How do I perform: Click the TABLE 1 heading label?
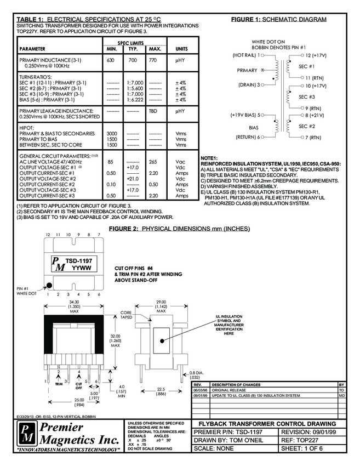pos(31,20)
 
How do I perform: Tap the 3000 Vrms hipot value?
pos(111,133)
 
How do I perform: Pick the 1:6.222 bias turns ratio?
pos(133,99)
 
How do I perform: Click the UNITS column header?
pos(181,49)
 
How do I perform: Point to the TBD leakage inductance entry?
pos(155,111)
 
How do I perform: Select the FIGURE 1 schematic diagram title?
pos(278,19)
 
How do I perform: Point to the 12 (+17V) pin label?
pos(316,55)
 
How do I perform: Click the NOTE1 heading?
pos(210,158)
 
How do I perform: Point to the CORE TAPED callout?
pos(127,315)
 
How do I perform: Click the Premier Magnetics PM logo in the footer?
pos(13,434)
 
